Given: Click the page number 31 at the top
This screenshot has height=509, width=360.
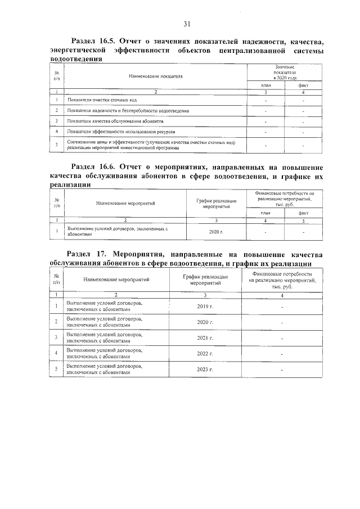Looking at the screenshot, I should click(x=187, y=24).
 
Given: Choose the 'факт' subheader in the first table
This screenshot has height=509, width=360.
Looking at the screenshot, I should click(x=303, y=84).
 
